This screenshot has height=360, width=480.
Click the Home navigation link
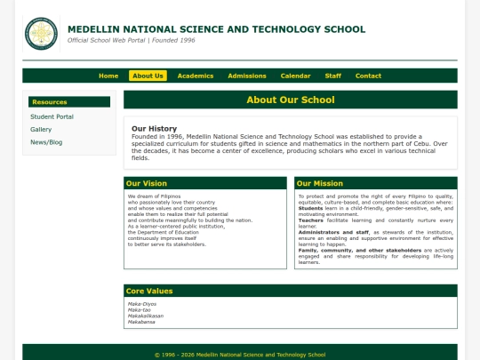coord(108,76)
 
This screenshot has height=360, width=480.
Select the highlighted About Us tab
coord(148,76)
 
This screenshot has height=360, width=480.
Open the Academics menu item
coord(196,76)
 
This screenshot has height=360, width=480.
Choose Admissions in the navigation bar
coord(247,76)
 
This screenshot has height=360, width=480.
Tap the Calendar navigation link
coord(296,76)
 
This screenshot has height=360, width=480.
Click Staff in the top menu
coord(333,76)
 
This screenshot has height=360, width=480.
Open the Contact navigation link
coord(368,76)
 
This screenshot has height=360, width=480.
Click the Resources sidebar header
coord(50,102)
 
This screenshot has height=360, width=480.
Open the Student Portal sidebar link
coord(52,116)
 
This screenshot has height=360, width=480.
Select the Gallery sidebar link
coord(41,129)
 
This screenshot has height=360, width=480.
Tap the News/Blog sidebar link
coord(46,142)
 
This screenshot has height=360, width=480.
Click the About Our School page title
coord(290,100)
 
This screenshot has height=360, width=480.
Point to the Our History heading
coord(154,128)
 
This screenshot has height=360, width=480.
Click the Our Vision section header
coord(146,183)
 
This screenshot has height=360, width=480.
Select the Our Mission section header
coord(321,183)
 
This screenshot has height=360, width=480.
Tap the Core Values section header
coord(149,291)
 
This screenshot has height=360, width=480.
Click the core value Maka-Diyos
coord(141,304)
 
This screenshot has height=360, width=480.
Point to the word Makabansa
coord(142,322)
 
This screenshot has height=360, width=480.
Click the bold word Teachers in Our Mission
coord(310,220)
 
